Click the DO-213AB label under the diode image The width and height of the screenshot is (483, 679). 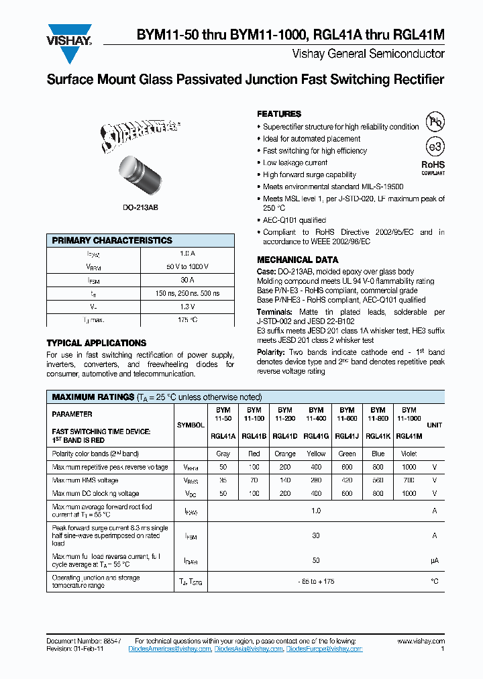(x=140, y=209)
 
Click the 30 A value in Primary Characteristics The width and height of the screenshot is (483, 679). (x=187, y=280)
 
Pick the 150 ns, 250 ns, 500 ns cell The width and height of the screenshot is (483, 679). (x=187, y=293)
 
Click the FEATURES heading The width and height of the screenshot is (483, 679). (x=279, y=114)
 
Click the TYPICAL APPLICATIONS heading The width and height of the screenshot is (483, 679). (x=96, y=343)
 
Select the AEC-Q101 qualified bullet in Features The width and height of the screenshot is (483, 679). (x=294, y=220)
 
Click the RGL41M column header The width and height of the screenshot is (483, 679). (x=409, y=435)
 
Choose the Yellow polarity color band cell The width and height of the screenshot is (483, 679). (x=315, y=454)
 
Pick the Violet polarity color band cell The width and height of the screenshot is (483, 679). (x=409, y=454)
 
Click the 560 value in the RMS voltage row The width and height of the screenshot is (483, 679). (x=378, y=480)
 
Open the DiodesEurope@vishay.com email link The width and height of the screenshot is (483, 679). (x=324, y=649)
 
